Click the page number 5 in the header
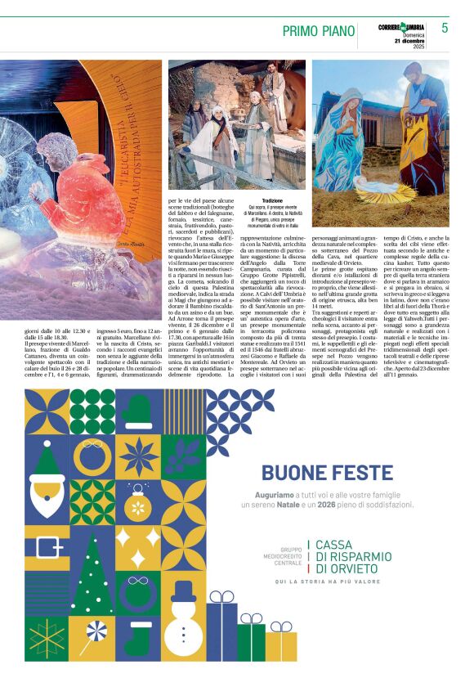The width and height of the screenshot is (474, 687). click(445, 29)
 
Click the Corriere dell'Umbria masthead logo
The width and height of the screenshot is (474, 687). click(403, 28)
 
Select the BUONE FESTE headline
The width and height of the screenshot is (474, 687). click(338, 473)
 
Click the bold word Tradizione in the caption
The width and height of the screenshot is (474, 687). click(272, 200)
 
